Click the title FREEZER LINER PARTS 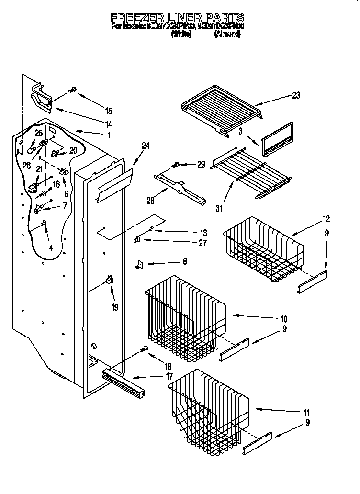pyautogui.click(x=178, y=17)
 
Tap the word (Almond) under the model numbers pyautogui.click(x=227, y=34)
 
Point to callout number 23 pyautogui.click(x=296, y=95)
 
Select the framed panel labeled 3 pyautogui.click(x=277, y=139)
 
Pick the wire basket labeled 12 pyautogui.click(x=263, y=249)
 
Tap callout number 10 pyautogui.click(x=283, y=319)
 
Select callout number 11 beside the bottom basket pyautogui.click(x=306, y=413)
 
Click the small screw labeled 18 pyautogui.click(x=142, y=350)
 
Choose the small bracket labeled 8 pyautogui.click(x=139, y=263)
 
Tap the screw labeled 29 pyautogui.click(x=175, y=166)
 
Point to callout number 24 pyautogui.click(x=146, y=146)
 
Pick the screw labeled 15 pyautogui.click(x=73, y=90)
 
